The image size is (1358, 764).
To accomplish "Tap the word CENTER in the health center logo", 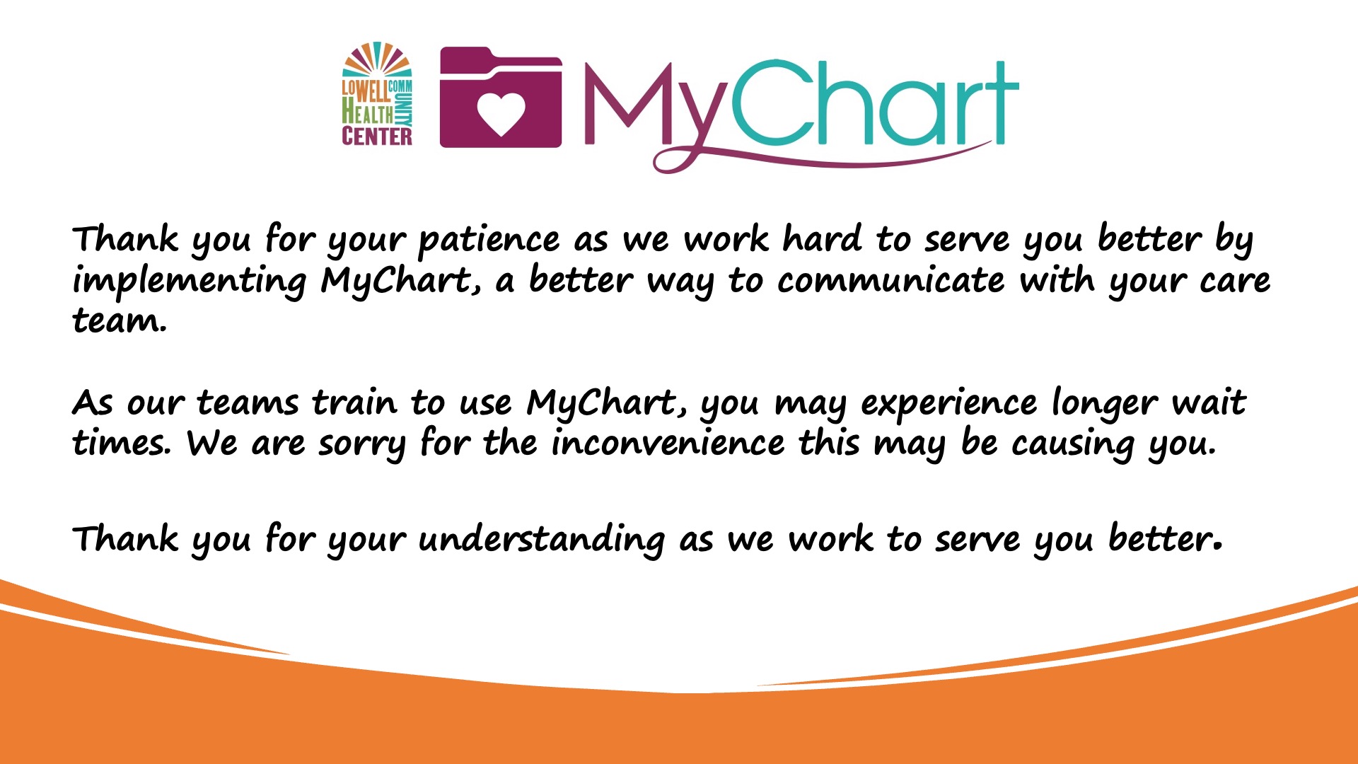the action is coord(377,136).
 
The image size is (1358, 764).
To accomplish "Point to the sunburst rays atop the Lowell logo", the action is coord(377,59).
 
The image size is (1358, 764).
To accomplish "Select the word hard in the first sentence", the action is coord(822,238).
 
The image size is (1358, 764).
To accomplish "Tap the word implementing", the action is coord(190,282).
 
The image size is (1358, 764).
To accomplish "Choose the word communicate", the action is coord(890,280).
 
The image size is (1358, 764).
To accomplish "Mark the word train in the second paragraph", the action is coord(354,403).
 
